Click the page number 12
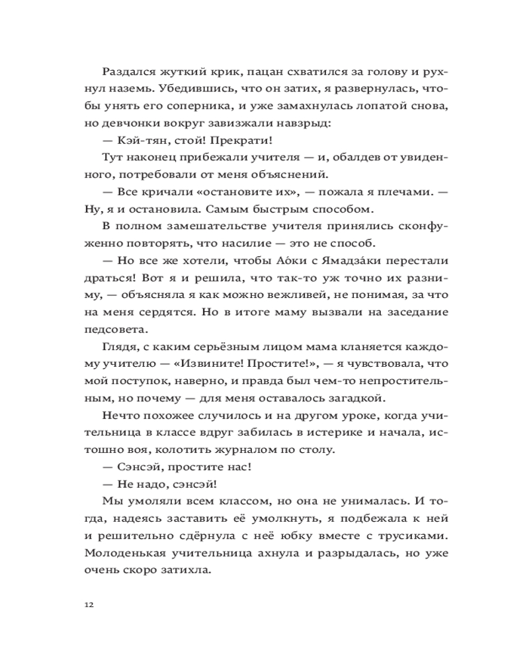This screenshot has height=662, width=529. pos(89,604)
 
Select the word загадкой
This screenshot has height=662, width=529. pos(352,399)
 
